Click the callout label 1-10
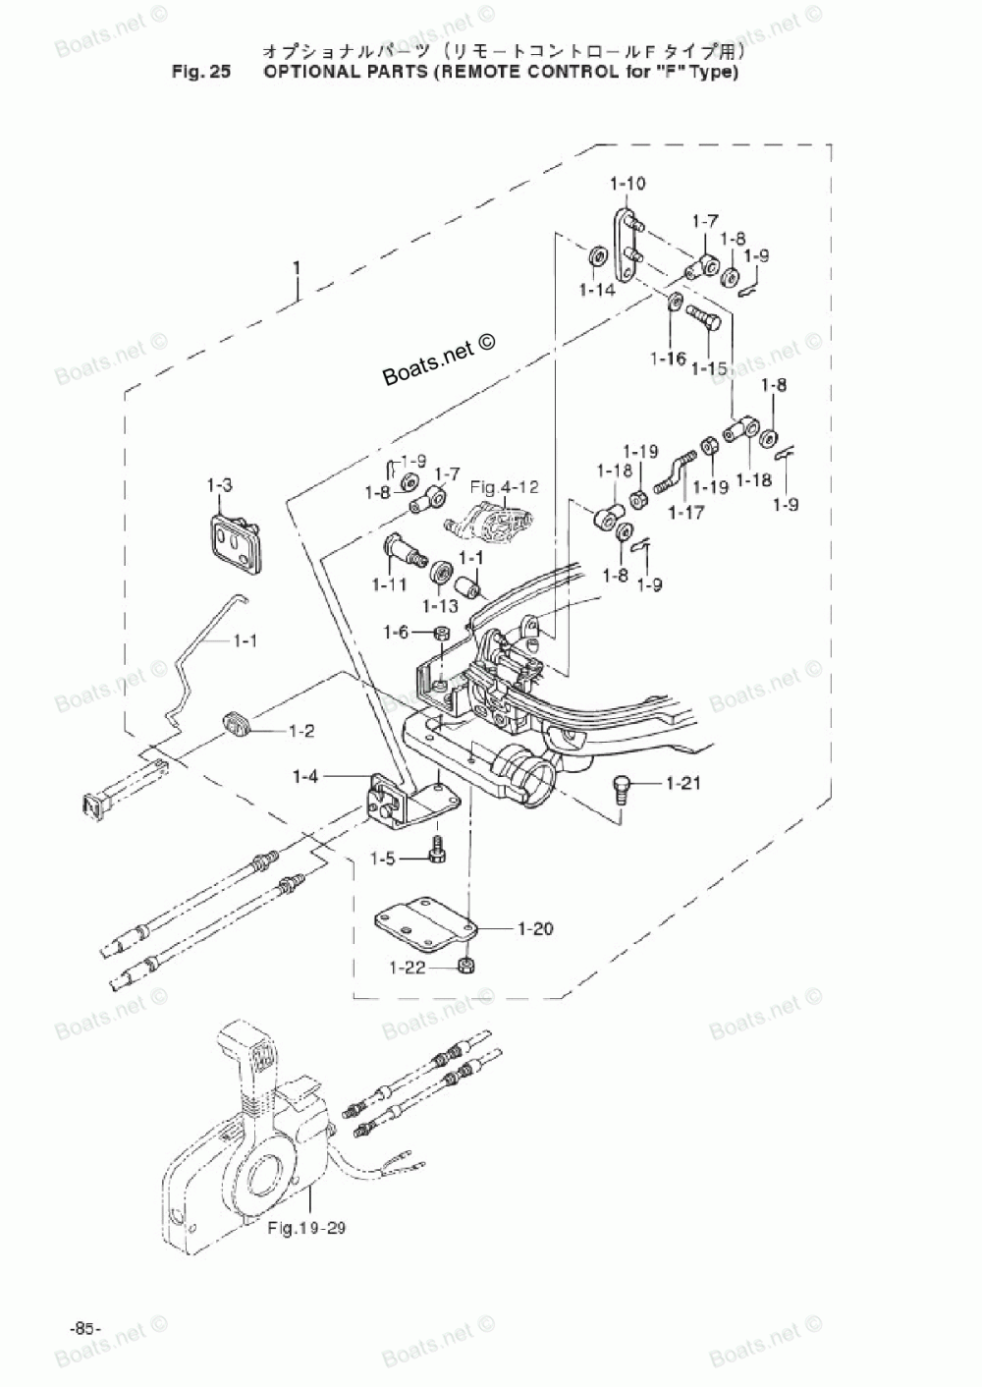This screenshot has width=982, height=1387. (x=627, y=184)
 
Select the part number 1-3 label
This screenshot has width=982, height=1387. (x=219, y=484)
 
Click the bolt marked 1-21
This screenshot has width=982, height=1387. (x=619, y=786)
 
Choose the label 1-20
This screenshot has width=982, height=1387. (x=535, y=927)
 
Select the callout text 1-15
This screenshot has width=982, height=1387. (x=709, y=368)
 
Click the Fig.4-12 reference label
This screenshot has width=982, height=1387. (x=504, y=486)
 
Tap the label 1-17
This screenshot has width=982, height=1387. (x=687, y=512)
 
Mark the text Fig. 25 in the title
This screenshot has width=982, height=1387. (x=199, y=72)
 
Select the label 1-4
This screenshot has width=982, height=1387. (x=305, y=777)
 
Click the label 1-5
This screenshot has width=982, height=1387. (x=383, y=860)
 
